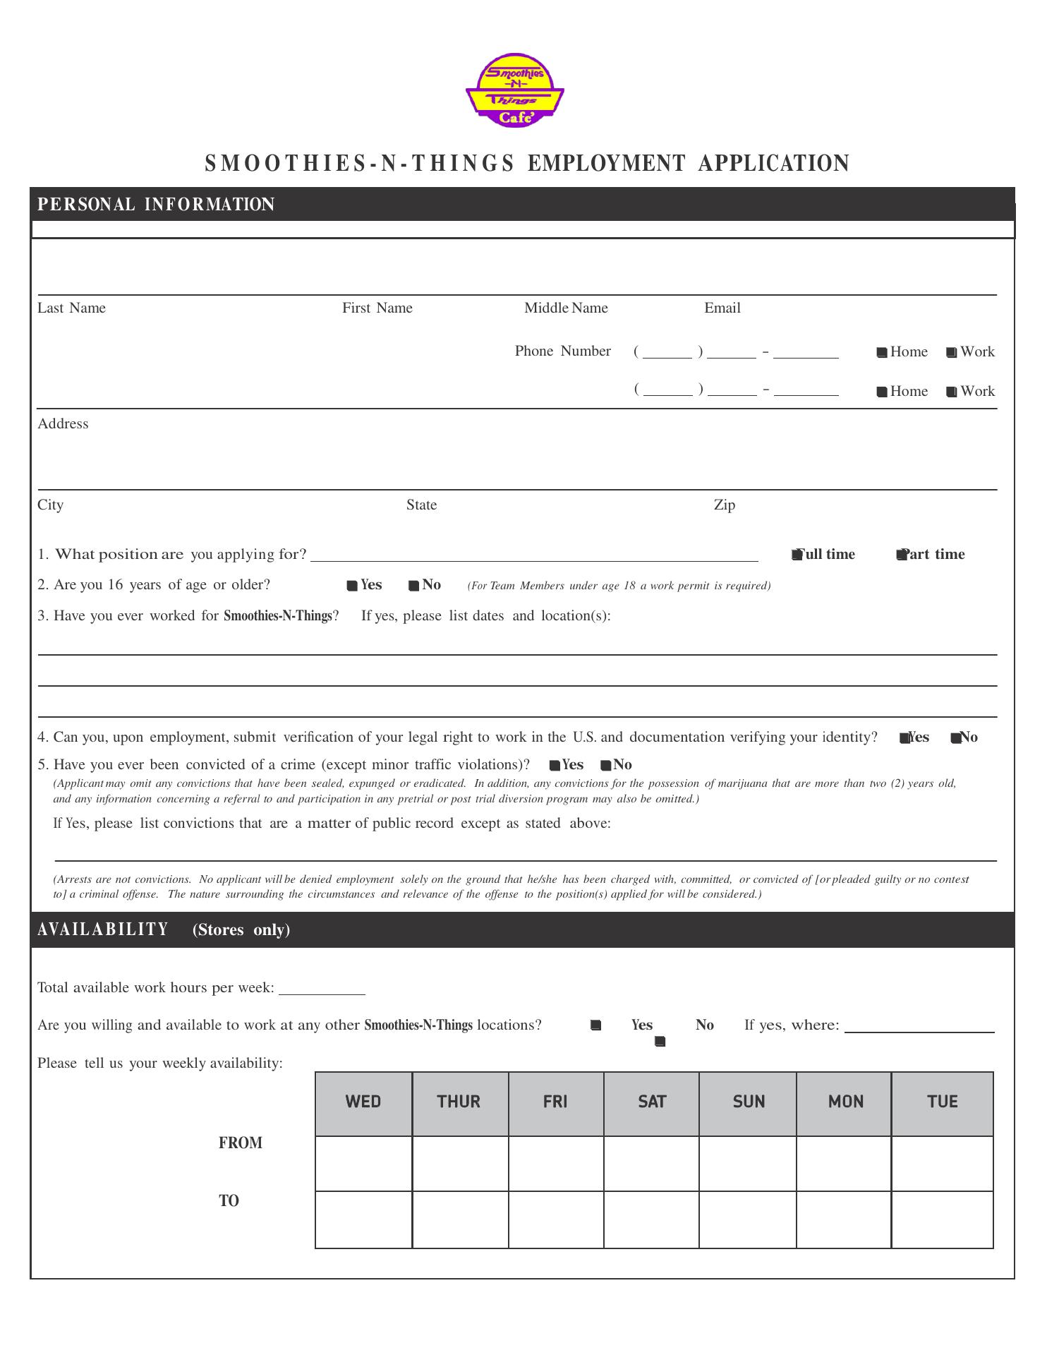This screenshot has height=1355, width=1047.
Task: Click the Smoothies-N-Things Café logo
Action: [514, 95]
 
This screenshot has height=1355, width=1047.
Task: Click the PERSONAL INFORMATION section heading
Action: [156, 205]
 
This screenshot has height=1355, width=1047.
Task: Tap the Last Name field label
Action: [71, 308]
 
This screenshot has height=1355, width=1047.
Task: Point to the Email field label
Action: [722, 308]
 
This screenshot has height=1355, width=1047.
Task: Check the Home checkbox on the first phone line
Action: [881, 352]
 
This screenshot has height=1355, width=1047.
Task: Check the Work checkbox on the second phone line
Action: [951, 392]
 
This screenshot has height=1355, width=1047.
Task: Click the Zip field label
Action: [724, 505]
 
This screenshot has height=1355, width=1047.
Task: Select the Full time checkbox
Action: [797, 555]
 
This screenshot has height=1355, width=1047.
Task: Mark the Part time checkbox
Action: [901, 555]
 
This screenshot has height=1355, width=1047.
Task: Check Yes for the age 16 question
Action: [352, 586]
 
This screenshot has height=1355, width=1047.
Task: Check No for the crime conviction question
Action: [605, 766]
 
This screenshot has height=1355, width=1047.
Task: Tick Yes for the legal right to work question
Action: [904, 738]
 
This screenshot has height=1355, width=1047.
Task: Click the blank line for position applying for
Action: [534, 555]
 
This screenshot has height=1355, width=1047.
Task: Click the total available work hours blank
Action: [322, 988]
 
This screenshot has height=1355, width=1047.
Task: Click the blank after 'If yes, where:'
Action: [919, 1026]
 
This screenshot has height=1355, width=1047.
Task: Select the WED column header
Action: [363, 1102]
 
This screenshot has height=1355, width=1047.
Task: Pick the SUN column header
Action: [748, 1102]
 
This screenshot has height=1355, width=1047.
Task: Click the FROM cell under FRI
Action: [555, 1163]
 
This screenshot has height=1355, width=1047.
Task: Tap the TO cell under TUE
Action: [942, 1219]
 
